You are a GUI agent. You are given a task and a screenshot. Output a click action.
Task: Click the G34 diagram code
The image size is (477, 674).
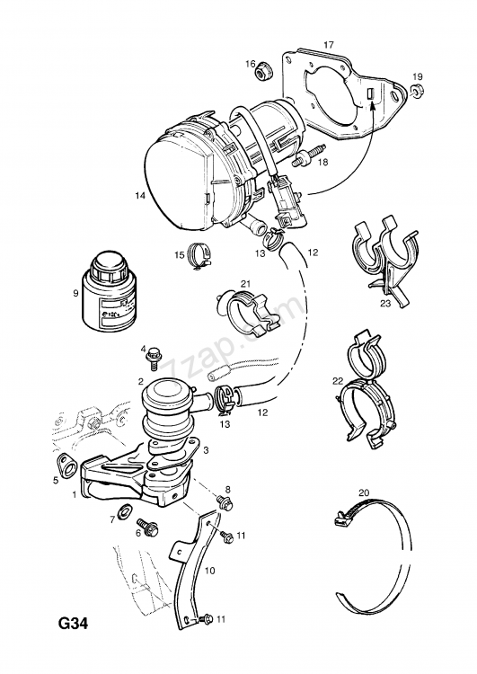[x=76, y=623]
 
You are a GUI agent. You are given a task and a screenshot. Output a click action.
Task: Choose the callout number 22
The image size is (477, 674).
[x=338, y=381]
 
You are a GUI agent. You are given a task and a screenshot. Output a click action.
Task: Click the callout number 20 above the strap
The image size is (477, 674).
[x=364, y=492]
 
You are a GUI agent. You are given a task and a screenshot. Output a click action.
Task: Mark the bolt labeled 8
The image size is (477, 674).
[x=222, y=504]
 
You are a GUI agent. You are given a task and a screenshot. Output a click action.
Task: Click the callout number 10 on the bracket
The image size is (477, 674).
[x=210, y=570]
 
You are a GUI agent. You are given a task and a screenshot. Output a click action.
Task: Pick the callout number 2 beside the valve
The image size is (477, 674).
[x=141, y=382]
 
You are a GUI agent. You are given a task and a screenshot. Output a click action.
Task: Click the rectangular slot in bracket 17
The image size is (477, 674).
[x=369, y=95]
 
